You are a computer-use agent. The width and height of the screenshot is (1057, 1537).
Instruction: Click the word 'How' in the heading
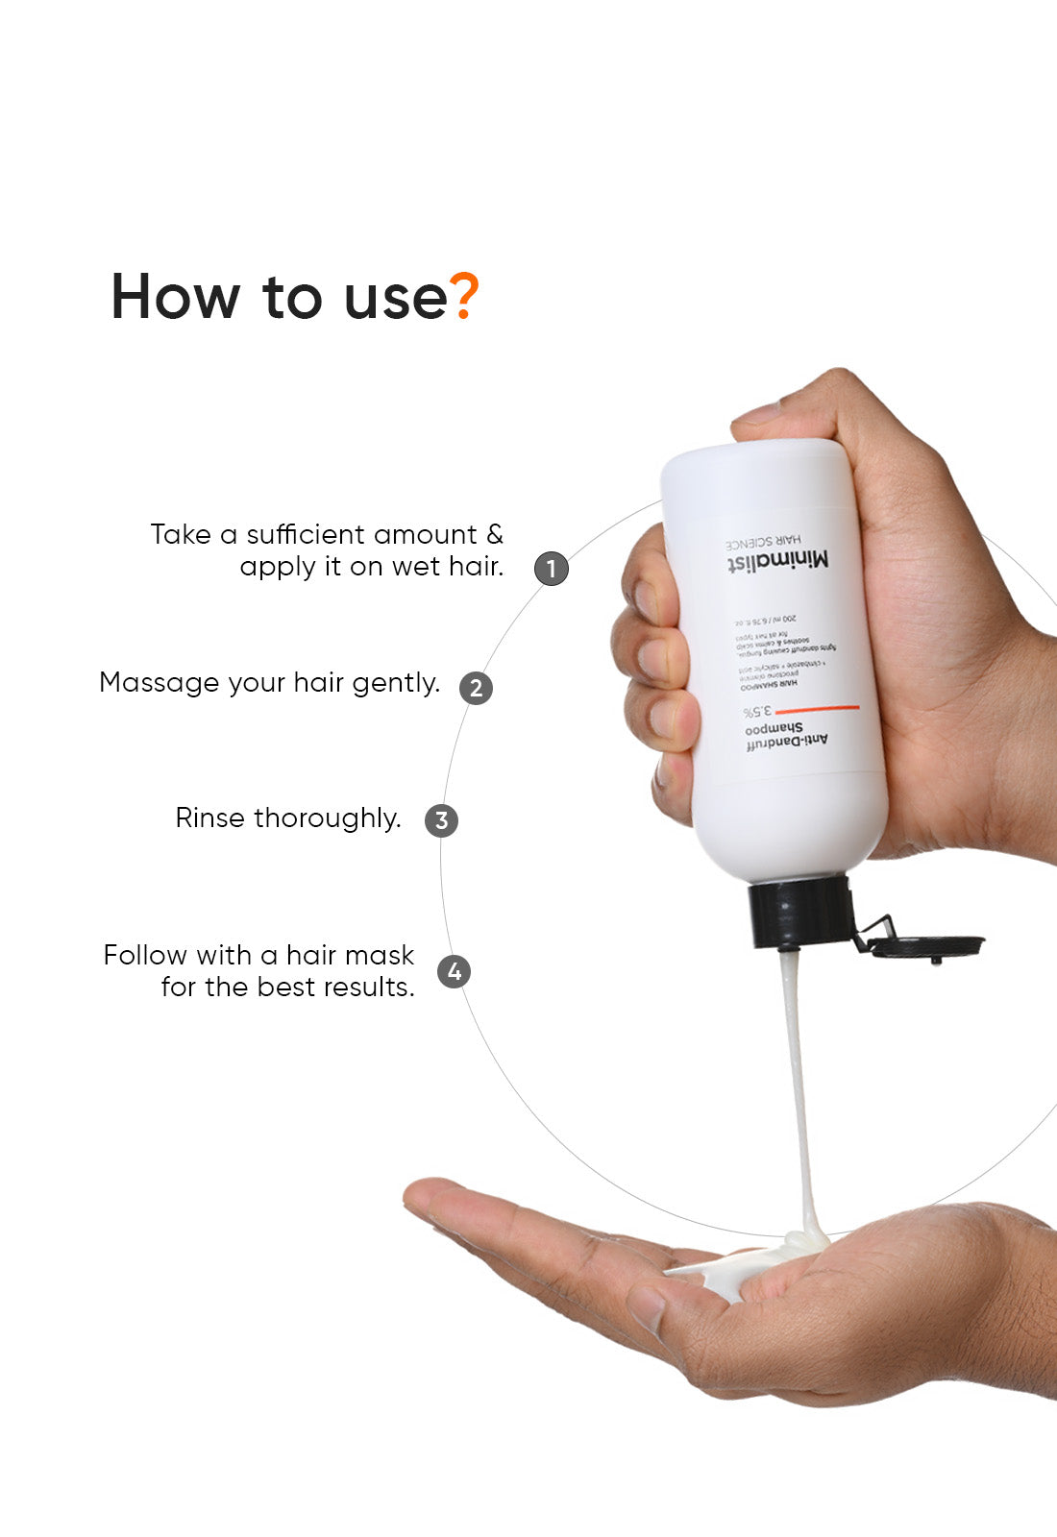pyautogui.click(x=174, y=297)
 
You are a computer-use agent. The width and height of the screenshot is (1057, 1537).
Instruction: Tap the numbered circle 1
pyautogui.click(x=552, y=568)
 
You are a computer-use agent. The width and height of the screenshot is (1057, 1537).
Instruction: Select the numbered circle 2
pyautogui.click(x=476, y=688)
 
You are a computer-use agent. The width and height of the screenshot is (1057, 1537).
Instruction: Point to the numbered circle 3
pyautogui.click(x=441, y=820)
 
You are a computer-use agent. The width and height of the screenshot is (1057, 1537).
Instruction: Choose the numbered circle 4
pyautogui.click(x=455, y=971)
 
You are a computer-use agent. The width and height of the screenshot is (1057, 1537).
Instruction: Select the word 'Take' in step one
pyautogui.click(x=180, y=535)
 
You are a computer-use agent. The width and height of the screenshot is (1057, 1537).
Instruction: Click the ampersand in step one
pyautogui.click(x=494, y=535)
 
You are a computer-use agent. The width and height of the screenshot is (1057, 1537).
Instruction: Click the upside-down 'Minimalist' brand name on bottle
pyautogui.click(x=777, y=561)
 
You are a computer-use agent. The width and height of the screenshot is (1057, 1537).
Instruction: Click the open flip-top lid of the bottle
pyautogui.click(x=926, y=945)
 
